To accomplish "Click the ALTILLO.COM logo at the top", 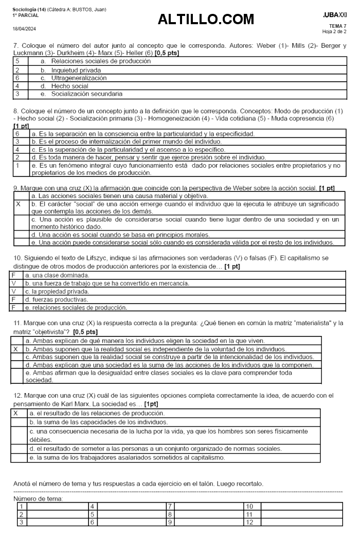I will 206,20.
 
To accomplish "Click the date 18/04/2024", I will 25,28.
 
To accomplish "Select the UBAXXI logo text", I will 335,15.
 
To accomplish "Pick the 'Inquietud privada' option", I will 76,70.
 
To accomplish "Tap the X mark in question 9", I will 19,204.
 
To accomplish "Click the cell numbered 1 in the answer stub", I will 21,506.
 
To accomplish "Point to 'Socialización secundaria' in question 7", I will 86,94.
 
